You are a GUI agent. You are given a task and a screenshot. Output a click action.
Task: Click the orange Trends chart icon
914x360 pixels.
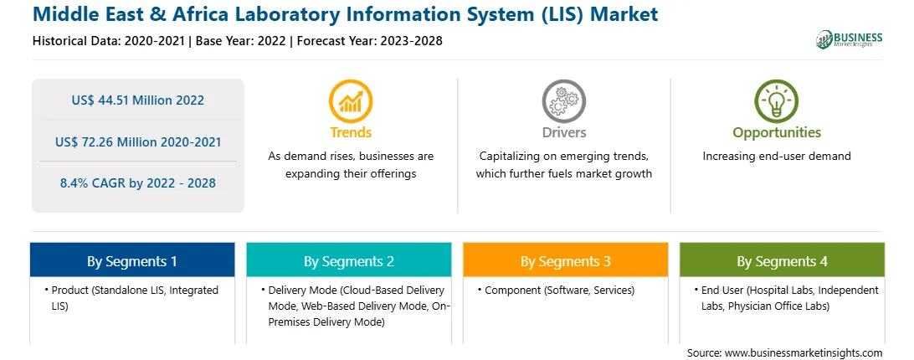click(351, 101)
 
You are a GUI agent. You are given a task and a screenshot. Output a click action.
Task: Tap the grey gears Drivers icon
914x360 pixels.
click(563, 101)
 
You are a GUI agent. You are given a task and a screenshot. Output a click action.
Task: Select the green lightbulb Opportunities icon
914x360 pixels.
click(777, 101)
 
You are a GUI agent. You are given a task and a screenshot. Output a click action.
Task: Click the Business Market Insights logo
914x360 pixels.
click(849, 39)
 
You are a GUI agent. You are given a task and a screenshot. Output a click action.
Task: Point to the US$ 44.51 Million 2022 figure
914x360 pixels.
click(138, 100)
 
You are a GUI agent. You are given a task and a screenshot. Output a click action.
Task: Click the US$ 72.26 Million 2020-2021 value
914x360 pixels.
click(138, 141)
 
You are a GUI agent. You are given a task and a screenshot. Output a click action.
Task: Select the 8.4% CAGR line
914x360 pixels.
click(138, 183)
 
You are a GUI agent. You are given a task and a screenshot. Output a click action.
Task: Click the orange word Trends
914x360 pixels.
click(351, 132)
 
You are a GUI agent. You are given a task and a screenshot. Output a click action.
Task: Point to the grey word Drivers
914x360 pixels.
click(563, 132)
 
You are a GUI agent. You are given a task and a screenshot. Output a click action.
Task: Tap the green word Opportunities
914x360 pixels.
click(777, 133)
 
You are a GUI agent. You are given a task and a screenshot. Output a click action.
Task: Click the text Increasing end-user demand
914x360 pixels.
click(777, 157)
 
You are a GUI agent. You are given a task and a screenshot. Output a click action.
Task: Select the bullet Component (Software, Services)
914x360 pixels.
click(556, 290)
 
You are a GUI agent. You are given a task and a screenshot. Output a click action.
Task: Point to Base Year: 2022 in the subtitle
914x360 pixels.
click(241, 41)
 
